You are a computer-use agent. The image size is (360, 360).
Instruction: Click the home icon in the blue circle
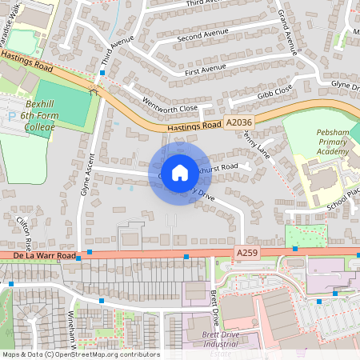pyautogui.click(x=180, y=172)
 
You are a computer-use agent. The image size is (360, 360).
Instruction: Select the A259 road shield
pyautogui.click(x=247, y=252)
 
